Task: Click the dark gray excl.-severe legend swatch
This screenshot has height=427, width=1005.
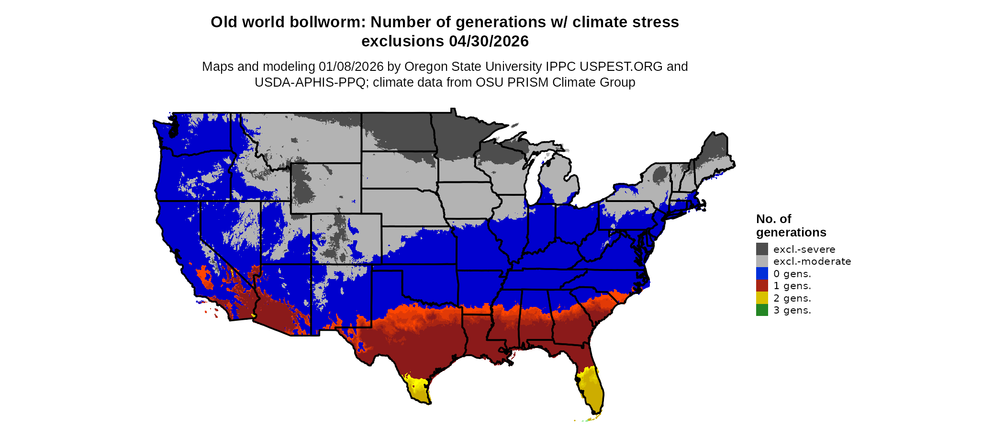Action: click(x=762, y=249)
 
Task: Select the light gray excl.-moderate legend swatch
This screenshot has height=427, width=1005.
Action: click(x=762, y=261)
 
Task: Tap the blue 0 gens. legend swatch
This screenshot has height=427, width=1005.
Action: click(x=762, y=273)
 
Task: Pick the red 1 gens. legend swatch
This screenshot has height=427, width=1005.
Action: click(x=762, y=286)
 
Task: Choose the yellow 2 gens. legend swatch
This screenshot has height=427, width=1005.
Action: click(x=762, y=298)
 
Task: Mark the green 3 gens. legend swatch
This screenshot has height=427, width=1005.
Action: click(x=762, y=310)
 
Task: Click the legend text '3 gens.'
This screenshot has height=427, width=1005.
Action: click(x=792, y=310)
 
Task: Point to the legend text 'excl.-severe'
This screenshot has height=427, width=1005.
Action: click(x=804, y=249)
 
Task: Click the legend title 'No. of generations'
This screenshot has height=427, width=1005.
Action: click(x=791, y=225)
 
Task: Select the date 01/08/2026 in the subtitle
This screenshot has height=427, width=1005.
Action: click(x=351, y=67)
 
